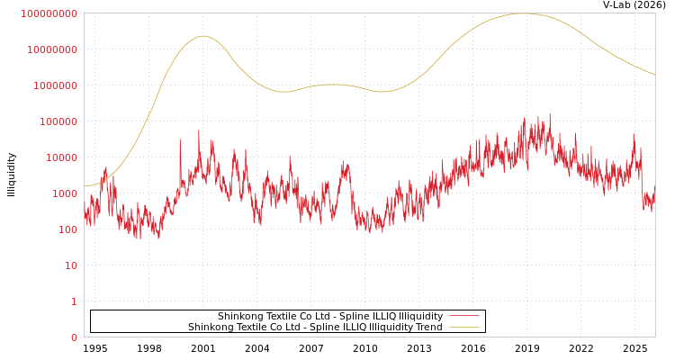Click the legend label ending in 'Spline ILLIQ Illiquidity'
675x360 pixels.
[x=330, y=317]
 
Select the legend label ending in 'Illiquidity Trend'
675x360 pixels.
[x=315, y=328]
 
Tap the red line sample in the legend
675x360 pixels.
[x=463, y=317]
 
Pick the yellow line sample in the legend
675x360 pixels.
[x=463, y=328]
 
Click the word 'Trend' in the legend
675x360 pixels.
[x=427, y=328]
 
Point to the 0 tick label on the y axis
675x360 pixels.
[x=74, y=337]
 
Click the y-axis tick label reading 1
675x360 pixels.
[x=74, y=301]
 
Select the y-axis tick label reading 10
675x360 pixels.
[x=71, y=265]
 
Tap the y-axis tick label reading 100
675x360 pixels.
[x=68, y=229]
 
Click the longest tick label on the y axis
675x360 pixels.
[x=49, y=13]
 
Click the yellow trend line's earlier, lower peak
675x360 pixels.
[x=202, y=36]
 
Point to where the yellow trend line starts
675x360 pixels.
[x=85, y=185]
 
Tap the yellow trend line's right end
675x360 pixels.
[x=654, y=75]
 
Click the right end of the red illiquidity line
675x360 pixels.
[x=654, y=189]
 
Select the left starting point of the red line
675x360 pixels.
[x=85, y=214]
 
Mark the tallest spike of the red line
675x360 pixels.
[x=550, y=114]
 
